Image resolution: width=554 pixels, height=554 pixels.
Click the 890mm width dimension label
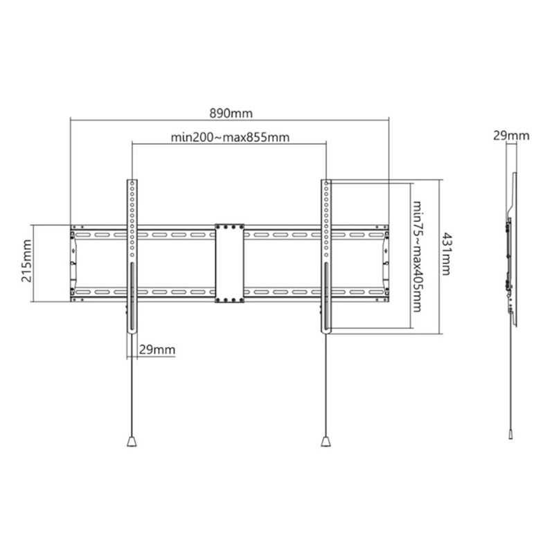pyautogui.click(x=231, y=114)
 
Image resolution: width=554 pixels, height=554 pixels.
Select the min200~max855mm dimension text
pyautogui.click(x=230, y=137)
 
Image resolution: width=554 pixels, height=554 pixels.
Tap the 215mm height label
pyautogui.click(x=27, y=261)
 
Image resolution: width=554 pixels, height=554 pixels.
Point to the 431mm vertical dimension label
pyautogui.click(x=447, y=253)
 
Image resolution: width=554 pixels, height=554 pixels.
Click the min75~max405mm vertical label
pyautogui.click(x=417, y=256)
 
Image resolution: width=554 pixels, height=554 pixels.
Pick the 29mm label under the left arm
pyautogui.click(x=157, y=350)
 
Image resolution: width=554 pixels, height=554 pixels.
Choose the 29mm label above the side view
pyautogui.click(x=511, y=136)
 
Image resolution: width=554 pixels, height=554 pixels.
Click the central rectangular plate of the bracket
pyautogui.click(x=230, y=263)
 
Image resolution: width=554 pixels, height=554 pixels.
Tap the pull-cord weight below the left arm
pyautogui.click(x=132, y=442)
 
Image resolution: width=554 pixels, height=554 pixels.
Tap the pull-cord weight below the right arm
pyautogui.click(x=325, y=442)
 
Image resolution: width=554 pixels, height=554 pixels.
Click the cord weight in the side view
pyautogui.click(x=510, y=434)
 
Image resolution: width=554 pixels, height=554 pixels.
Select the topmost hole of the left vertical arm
pyautogui.click(x=132, y=184)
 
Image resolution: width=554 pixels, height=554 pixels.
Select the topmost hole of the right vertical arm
pyautogui.click(x=326, y=184)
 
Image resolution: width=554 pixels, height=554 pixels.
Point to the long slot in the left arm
pyautogui.click(x=132, y=296)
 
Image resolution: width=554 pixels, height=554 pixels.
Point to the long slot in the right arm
pyautogui.click(x=326, y=296)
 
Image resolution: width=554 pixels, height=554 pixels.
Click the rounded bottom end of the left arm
pyautogui.click(x=132, y=332)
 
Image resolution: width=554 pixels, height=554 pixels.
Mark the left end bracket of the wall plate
pyautogui.click(x=73, y=263)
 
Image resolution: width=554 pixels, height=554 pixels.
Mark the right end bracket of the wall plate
pyautogui.click(x=386, y=263)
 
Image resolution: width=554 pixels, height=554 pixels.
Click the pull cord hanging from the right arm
pyautogui.click(x=325, y=385)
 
